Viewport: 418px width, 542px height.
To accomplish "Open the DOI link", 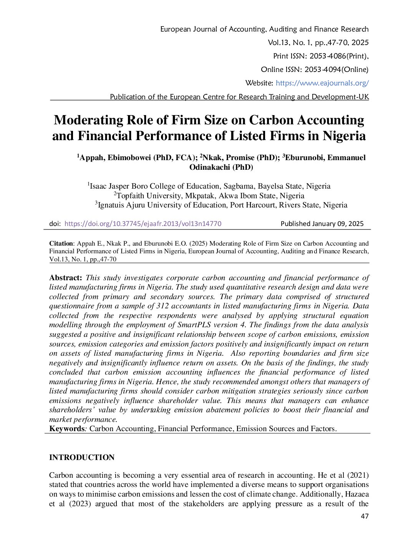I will [143, 224].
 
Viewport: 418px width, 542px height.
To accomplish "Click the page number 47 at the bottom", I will [365, 516].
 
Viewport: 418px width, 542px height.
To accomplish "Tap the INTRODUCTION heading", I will [82, 457].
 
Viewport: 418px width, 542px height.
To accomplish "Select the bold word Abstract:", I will [66, 278].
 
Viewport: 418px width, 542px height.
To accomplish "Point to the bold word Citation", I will [61, 244].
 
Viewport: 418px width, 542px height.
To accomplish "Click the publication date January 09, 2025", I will [338, 224].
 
